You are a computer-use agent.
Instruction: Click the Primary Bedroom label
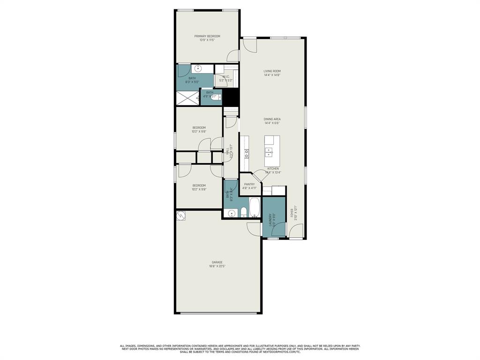click(x=207, y=36)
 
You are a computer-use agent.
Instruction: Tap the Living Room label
click(x=272, y=71)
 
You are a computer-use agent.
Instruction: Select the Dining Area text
click(x=272, y=119)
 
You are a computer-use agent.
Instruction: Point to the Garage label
click(x=217, y=262)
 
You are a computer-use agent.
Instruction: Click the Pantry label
click(x=249, y=184)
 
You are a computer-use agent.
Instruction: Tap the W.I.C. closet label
click(x=225, y=76)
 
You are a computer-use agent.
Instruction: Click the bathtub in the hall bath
click(x=255, y=208)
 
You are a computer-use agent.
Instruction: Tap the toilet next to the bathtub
click(x=244, y=212)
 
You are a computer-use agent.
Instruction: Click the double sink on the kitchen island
click(x=270, y=151)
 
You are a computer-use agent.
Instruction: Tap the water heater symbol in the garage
click(x=181, y=216)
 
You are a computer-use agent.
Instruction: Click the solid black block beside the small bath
click(x=231, y=97)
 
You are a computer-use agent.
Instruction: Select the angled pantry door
click(x=259, y=176)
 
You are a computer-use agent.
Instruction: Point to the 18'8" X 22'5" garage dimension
click(x=217, y=266)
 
